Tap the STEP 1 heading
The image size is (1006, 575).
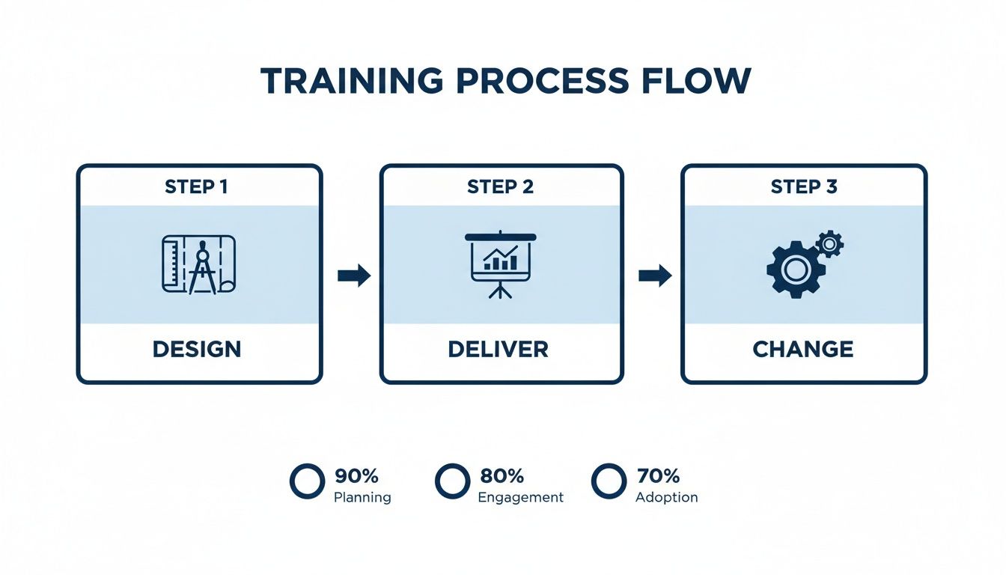click(x=196, y=187)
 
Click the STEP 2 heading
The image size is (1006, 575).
click(x=500, y=187)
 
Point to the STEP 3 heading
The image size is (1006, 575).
click(x=804, y=187)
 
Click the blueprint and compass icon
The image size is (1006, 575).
click(x=199, y=265)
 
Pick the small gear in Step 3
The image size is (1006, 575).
click(x=829, y=243)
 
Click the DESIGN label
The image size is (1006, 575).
click(x=197, y=349)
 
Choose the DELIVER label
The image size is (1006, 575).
click(x=498, y=349)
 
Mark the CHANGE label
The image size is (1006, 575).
click(x=802, y=349)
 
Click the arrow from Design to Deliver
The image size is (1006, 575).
click(x=353, y=276)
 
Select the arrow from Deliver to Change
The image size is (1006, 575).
click(x=654, y=276)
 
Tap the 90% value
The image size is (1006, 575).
click(x=356, y=475)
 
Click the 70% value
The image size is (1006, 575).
click(x=658, y=475)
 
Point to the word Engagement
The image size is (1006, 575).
click(x=520, y=497)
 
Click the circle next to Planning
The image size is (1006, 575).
click(x=307, y=481)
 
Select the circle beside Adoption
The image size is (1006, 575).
click(x=608, y=481)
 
